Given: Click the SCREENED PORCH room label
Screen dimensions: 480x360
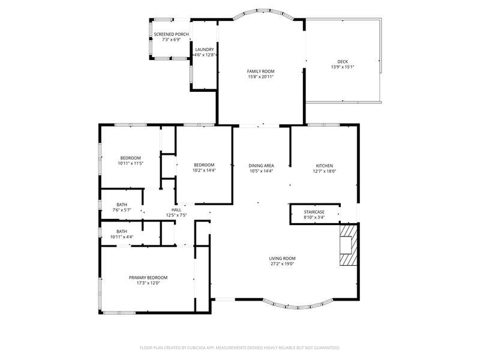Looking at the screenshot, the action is [x=171, y=34].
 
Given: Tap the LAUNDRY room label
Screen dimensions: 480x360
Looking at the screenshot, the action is [x=205, y=50].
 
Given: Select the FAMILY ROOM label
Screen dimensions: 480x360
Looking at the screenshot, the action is [x=261, y=71].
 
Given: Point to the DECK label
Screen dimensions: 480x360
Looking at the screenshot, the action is [x=343, y=62].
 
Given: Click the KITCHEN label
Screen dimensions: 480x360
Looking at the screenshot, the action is [x=325, y=166].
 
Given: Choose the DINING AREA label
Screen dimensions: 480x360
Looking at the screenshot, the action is [x=261, y=166].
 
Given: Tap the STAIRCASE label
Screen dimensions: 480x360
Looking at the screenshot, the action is [x=314, y=212].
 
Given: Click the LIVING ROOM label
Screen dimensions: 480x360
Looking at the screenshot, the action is [x=282, y=259].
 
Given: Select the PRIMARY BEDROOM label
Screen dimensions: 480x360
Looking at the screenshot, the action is [x=148, y=278].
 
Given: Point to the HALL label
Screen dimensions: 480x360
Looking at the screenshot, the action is [x=176, y=209].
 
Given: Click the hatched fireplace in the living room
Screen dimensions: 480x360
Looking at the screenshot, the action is [x=349, y=245].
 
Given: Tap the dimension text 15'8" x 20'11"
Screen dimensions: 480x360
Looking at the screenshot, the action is [x=261, y=77].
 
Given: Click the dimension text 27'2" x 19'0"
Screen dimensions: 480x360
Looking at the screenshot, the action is [x=282, y=264].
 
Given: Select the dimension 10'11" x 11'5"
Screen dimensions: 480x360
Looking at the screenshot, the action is [x=131, y=163].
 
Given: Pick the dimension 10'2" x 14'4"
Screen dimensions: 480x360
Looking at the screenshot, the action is [x=204, y=170].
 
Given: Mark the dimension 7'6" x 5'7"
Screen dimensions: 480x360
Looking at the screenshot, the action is [x=122, y=210].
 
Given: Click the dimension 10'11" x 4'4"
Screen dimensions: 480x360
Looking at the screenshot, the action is [x=122, y=237].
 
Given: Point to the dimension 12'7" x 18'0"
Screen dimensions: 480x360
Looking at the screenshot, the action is [x=325, y=171].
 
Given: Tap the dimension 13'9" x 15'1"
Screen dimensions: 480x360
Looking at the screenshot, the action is [x=343, y=67].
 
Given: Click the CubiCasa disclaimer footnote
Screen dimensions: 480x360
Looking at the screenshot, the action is [x=239, y=348].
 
